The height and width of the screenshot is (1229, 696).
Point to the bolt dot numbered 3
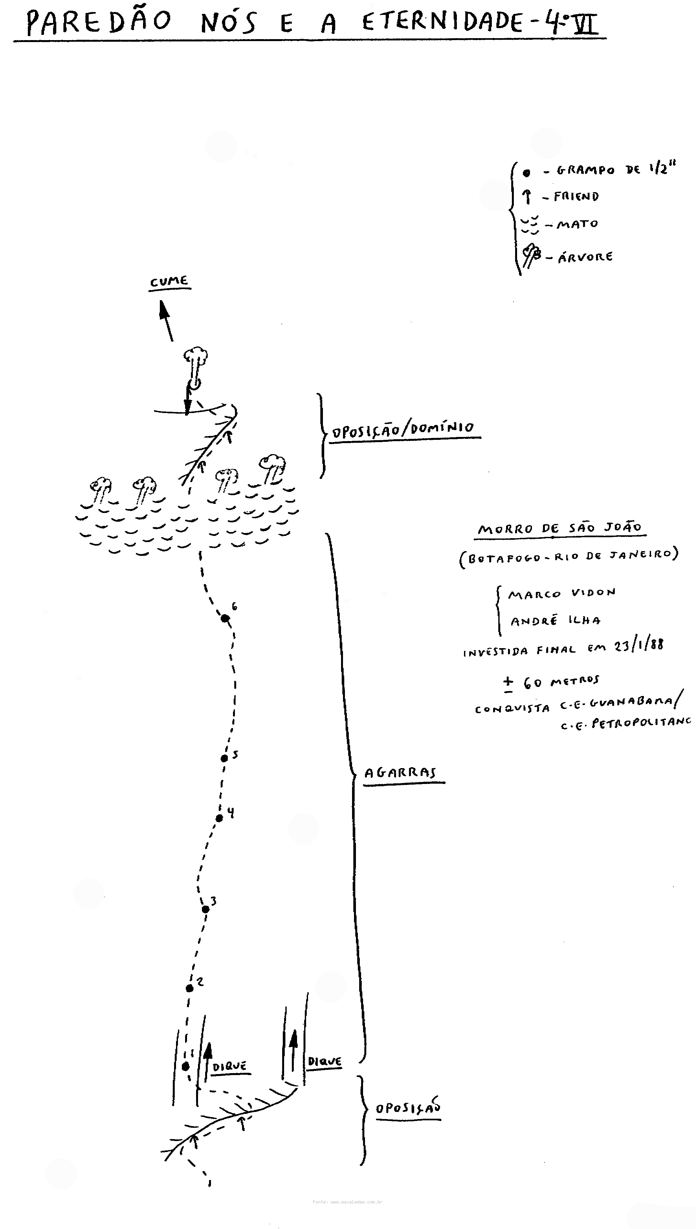[205, 909]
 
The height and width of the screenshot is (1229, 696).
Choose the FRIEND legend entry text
[576, 196]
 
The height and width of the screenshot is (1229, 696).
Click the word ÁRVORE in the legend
[585, 257]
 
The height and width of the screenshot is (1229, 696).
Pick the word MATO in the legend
[578, 223]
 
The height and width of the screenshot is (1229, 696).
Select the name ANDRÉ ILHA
[556, 620]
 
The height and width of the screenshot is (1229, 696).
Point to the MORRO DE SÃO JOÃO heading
[560, 528]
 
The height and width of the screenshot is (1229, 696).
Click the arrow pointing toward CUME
[166, 320]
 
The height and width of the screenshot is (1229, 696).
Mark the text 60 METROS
[561, 682]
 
